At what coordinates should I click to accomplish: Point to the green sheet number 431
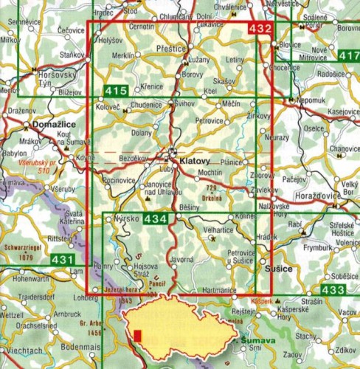63,261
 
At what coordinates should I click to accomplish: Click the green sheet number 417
347,56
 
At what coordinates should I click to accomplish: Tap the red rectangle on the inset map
137,337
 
